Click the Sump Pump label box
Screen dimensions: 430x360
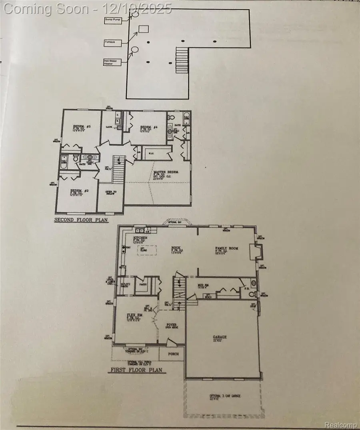tap(113, 20)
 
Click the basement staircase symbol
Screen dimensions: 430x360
tap(181, 60)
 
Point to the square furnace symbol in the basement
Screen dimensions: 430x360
tap(144, 29)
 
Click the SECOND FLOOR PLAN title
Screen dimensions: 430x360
tap(82, 220)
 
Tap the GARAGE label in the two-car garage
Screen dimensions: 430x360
tap(219, 337)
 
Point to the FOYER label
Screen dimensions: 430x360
tap(171, 325)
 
